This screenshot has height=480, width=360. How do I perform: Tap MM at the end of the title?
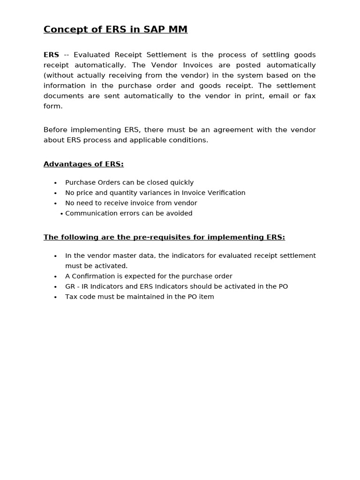[x=178, y=30]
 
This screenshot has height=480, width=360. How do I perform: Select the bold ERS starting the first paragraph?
[x=51, y=55]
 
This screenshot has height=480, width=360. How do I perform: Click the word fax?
[x=309, y=96]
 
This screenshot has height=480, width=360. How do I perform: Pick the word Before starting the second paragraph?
[x=56, y=130]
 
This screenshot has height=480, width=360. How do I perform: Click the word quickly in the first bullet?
[x=180, y=182]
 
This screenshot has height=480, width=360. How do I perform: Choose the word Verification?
[x=226, y=193]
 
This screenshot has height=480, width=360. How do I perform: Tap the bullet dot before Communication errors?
[x=61, y=214]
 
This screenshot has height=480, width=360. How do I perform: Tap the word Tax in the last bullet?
[x=71, y=297]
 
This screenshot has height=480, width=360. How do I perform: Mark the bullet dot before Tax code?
[x=55, y=297]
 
